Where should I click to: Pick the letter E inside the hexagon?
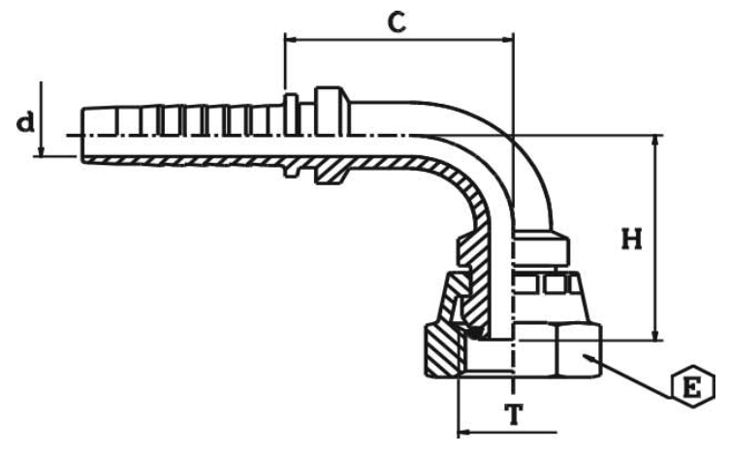click(x=691, y=389)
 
